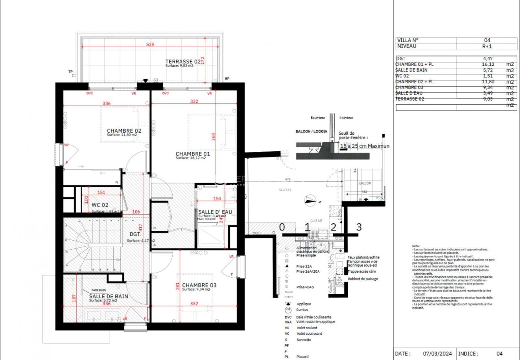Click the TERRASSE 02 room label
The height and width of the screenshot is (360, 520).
click(183, 61)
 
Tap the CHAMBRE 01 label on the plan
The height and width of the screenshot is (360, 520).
click(193, 154)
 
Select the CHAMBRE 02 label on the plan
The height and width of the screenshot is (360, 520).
click(124, 131)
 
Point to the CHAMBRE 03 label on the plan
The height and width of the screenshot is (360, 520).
click(199, 285)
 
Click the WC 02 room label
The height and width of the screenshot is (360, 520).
click(100, 205)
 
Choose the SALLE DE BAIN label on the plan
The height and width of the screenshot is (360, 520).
click(108, 296)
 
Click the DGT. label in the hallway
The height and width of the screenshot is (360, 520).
click(135, 234)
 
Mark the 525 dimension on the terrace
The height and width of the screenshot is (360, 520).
click(150, 45)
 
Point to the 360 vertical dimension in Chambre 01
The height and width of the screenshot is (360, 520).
click(214, 136)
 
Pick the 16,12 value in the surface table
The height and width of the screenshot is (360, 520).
click(487, 65)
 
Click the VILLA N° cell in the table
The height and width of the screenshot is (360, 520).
click(408, 40)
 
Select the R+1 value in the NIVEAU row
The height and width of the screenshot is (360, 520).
click(487, 46)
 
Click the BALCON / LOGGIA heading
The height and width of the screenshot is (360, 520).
click(311, 131)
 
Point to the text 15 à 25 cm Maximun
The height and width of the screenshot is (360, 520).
click(364, 146)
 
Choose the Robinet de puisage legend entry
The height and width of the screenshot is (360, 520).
click(362, 279)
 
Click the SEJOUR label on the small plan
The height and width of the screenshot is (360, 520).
click(284, 190)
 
